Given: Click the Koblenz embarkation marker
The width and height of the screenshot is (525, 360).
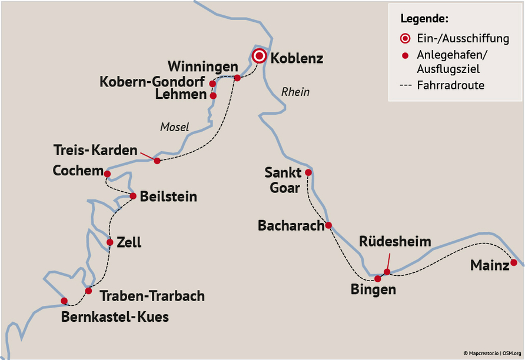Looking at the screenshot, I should (259, 56).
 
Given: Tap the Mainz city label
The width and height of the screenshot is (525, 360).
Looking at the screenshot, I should (489, 266).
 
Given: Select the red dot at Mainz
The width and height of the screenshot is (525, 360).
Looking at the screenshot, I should (514, 262).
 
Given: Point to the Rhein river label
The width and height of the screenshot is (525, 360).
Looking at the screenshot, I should (295, 92).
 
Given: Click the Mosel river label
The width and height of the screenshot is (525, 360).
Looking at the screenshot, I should (174, 127).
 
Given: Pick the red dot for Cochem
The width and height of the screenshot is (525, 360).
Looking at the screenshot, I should (107, 174).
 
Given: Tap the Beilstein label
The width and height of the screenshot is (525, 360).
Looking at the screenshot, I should (168, 197).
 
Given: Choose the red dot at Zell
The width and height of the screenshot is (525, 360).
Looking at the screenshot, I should (110, 242).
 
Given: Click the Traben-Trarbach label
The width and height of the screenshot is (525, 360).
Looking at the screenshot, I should (152, 295).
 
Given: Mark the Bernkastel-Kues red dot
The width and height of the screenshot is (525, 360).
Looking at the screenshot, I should (64, 301).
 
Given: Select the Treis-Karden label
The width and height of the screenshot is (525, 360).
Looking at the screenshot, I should (95, 150).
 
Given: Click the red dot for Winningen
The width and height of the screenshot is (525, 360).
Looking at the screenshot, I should (237, 78).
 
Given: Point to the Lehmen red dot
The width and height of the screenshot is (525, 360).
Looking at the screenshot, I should (213, 95).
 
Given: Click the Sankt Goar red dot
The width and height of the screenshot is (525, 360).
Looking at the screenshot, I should (308, 172).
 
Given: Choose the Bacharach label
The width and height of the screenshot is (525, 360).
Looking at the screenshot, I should (291, 225).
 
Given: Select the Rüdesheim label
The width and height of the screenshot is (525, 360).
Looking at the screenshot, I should (395, 242).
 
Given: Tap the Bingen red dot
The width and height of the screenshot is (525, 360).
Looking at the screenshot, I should (378, 279).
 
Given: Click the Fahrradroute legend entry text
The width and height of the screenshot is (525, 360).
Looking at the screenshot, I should (450, 85).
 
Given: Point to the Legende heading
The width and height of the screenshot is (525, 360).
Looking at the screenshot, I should (425, 18).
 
